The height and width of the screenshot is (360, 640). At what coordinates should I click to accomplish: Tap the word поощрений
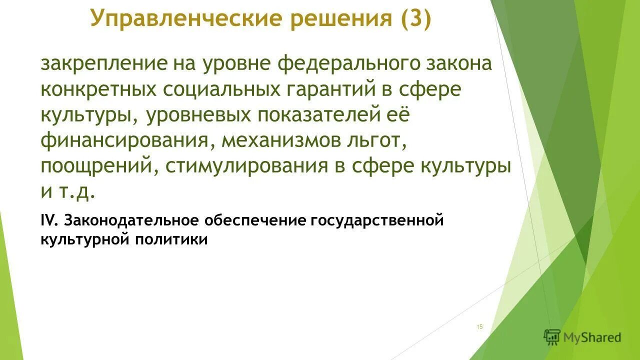(96, 166)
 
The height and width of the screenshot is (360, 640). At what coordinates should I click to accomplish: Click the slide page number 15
(480, 327)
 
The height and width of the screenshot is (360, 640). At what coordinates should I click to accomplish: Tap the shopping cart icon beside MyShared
(552, 337)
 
